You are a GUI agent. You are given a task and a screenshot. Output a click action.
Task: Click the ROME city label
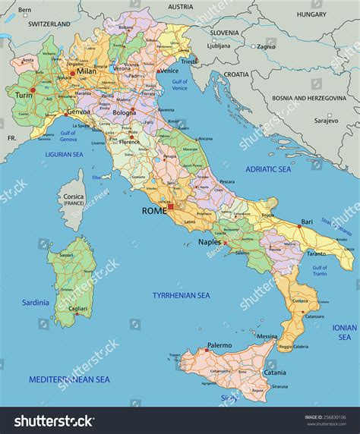pyautogui.click(x=153, y=210)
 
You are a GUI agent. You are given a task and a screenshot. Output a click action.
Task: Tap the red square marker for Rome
pyautogui.click(x=171, y=206)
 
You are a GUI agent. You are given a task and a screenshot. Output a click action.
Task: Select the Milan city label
pyautogui.click(x=86, y=71)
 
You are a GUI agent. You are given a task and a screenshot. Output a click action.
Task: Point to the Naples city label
pyautogui.click(x=209, y=242)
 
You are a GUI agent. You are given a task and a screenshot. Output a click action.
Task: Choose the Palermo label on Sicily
pyautogui.click(x=219, y=344)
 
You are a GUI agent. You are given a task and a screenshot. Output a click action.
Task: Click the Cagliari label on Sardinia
pyautogui.click(x=76, y=309)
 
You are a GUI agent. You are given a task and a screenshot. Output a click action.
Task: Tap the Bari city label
pyautogui.click(x=306, y=222)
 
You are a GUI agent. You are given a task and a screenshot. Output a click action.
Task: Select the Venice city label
pyautogui.click(x=169, y=71)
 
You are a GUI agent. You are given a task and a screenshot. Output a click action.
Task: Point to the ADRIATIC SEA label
pyautogui.click(x=268, y=169)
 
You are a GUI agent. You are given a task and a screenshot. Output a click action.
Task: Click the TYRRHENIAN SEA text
pyautogui.click(x=181, y=294)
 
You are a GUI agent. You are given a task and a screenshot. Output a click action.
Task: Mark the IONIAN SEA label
pyautogui.click(x=344, y=332)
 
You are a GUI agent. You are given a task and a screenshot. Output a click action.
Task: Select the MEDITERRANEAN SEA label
pyautogui.click(x=69, y=379)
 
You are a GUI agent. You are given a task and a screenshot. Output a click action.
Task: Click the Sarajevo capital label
pyautogui.click(x=326, y=120)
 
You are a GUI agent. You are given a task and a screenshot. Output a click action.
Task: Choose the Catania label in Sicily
pyautogui.click(x=275, y=373)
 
